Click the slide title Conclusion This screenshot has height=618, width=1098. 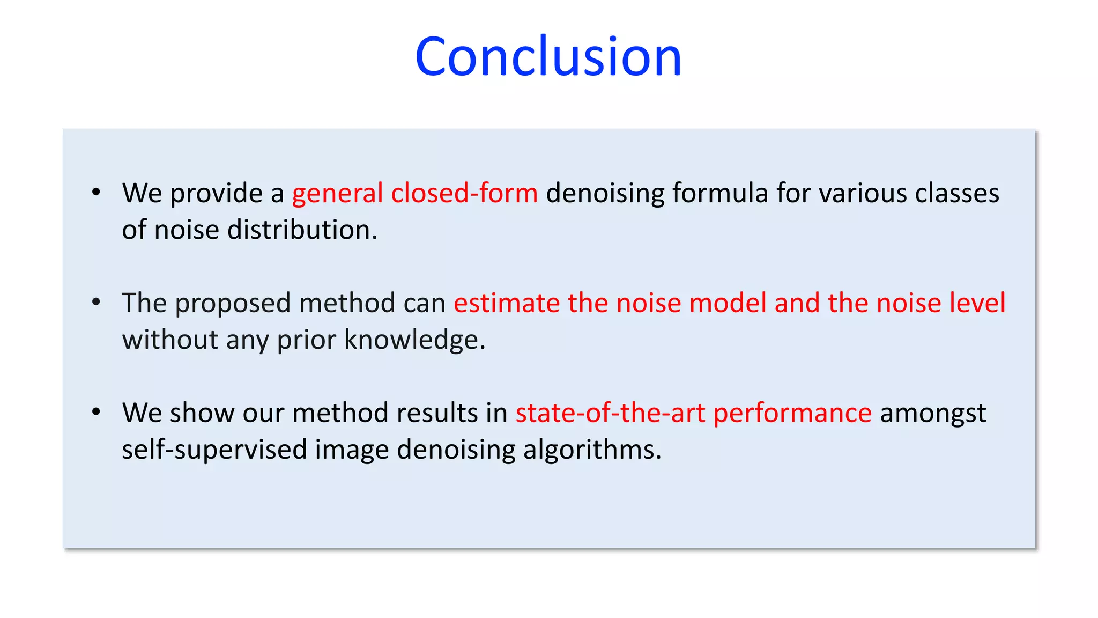(x=548, y=56)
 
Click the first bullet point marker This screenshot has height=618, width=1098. (x=96, y=193)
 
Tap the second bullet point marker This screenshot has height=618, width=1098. (x=96, y=303)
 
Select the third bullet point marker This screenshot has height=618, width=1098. (x=96, y=413)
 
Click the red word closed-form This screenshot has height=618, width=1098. (x=464, y=193)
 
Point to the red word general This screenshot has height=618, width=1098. (x=338, y=193)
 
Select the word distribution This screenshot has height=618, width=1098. (x=302, y=230)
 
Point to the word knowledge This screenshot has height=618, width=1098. (x=414, y=340)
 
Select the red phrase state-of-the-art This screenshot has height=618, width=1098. (x=610, y=413)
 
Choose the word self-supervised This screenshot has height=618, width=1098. (x=214, y=450)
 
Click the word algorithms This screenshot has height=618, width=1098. (x=592, y=450)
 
